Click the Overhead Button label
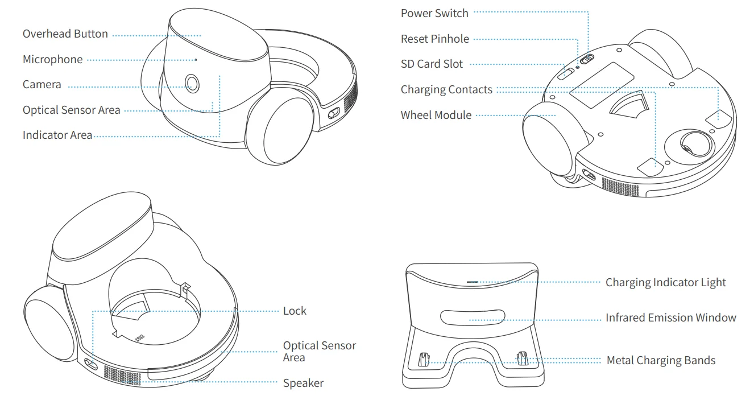pos(65,34)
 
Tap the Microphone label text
pos(52,60)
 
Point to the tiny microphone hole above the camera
pos(196,59)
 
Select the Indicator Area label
pos(57,135)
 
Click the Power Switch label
pos(434,13)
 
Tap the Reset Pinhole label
pos(435,39)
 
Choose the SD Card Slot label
pos(432,64)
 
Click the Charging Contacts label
pos(446,89)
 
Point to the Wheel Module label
pos(436,115)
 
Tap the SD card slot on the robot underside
pos(566,73)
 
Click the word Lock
pos(295,311)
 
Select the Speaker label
pos(303,383)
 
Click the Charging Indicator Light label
pos(665,282)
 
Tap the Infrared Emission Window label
pos(670,318)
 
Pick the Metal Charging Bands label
pos(661,360)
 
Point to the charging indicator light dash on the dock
pos(472,281)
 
